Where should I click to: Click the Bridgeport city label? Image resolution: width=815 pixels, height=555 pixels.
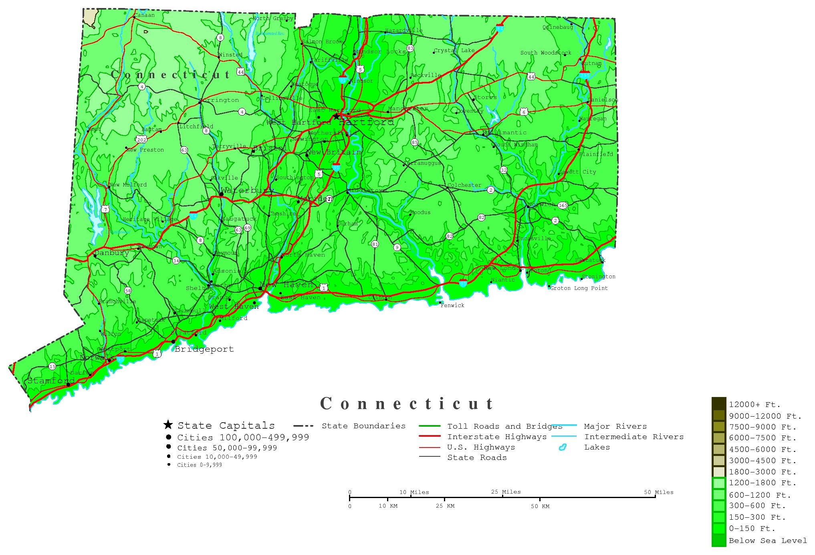[x=204, y=349]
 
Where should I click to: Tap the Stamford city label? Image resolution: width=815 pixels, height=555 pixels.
[x=51, y=381]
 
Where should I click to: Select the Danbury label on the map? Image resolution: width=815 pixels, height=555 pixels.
[x=111, y=253]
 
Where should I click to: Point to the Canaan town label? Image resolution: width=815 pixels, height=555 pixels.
[x=144, y=15]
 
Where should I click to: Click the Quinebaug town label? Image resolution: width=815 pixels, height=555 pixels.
[x=557, y=27]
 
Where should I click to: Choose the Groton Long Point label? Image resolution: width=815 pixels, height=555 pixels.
[x=579, y=288]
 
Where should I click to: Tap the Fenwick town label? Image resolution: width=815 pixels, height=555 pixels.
[x=452, y=305]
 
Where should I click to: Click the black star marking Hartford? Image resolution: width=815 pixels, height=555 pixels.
[x=336, y=116]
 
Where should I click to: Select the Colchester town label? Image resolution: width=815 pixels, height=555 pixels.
[x=464, y=185]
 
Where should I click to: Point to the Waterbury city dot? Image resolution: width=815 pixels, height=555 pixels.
[x=221, y=194]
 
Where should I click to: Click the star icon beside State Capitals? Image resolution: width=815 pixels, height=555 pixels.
[x=168, y=425]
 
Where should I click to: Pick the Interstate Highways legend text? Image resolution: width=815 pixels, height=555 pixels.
[x=497, y=437]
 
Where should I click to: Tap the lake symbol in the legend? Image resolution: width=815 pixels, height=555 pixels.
[x=563, y=447]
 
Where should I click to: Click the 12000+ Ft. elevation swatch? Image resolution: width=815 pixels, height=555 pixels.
[x=718, y=403]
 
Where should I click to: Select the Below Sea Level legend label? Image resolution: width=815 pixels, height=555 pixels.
[x=767, y=541]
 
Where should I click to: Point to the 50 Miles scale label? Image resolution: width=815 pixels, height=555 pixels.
[x=659, y=492]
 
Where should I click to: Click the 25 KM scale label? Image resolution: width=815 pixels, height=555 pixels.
[x=445, y=506]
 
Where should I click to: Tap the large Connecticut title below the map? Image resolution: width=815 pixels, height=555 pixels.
[x=406, y=403]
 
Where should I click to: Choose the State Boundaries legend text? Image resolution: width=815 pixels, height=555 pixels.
[x=363, y=426]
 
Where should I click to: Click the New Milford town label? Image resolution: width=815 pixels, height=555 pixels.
[x=128, y=185]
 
